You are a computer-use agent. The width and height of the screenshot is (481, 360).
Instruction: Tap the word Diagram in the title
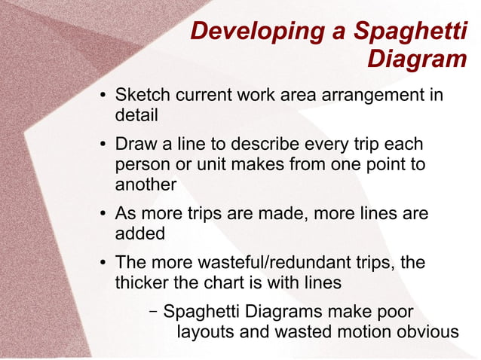coord(417,59)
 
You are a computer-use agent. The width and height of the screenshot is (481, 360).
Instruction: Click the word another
coord(146,184)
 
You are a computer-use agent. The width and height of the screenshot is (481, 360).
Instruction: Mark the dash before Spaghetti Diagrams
coord(153,310)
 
